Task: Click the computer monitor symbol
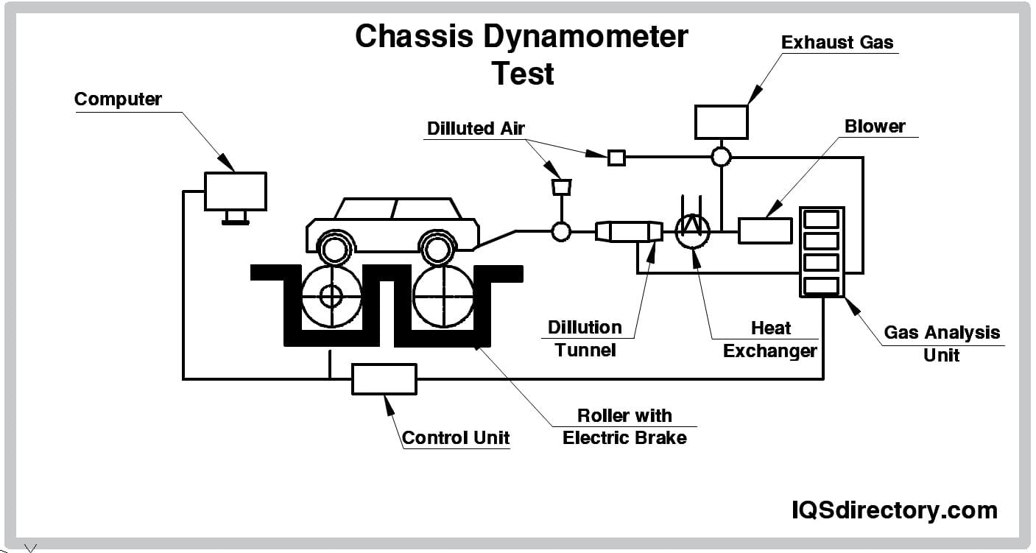235,191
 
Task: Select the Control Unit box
384,379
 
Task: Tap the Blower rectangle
765,230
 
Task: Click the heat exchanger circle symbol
692,231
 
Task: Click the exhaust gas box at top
722,121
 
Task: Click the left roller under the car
331,297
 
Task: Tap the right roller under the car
443,297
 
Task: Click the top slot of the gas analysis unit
821,219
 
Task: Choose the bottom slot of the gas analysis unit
821,286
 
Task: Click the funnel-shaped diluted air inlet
561,187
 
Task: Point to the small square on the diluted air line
616,157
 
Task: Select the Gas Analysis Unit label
942,343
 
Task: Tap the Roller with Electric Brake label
624,426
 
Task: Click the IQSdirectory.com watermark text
895,510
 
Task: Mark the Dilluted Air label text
476,128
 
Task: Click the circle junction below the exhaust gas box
721,156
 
